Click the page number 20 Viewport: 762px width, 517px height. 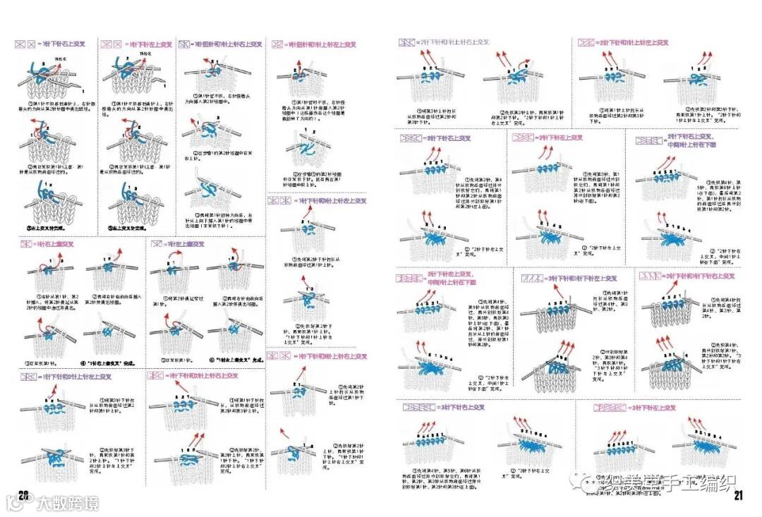23,494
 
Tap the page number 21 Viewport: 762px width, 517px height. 738,494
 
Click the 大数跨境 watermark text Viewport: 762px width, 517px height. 68,503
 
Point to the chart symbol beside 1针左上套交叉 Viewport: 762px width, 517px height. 156,244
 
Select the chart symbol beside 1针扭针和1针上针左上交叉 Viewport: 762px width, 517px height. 278,44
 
